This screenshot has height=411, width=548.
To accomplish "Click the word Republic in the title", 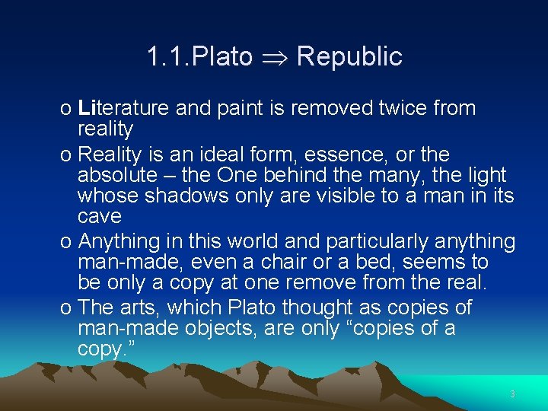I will (349, 56).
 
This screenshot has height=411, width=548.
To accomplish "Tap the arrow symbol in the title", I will (275, 57).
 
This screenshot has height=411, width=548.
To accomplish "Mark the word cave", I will (100, 216).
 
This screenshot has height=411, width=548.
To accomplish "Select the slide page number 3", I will (512, 394).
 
